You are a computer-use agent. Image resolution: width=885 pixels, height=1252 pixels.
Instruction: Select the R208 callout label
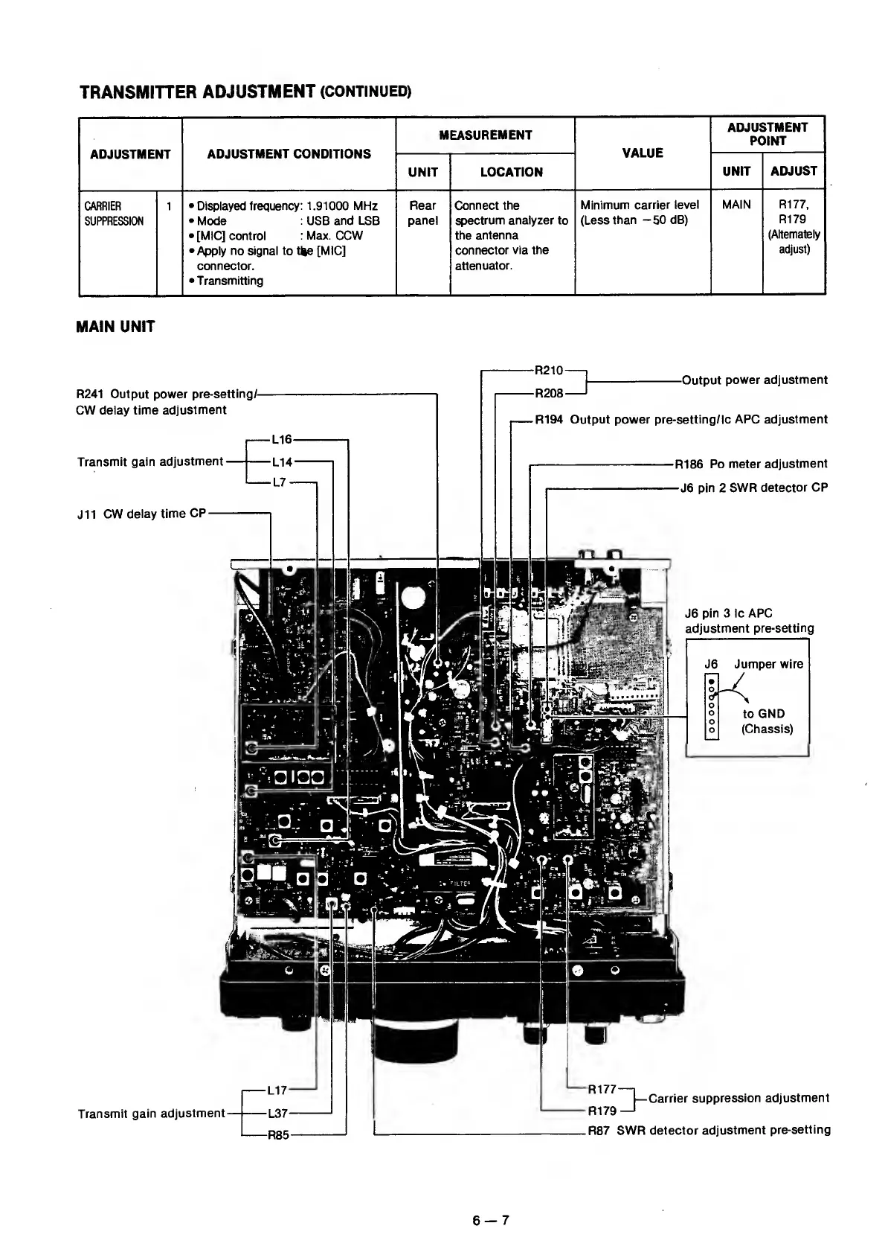pyautogui.click(x=550, y=392)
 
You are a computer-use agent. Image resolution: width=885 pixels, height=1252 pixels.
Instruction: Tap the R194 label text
pyautogui.click(x=549, y=419)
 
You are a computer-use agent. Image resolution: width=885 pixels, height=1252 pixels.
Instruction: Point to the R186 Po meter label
pyautogui.click(x=689, y=464)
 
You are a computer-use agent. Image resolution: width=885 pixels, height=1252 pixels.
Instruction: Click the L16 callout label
pyautogui.click(x=281, y=440)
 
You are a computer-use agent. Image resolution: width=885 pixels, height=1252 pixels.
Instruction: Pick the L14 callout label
pyautogui.click(x=282, y=461)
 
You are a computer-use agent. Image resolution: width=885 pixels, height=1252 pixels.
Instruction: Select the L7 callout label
pyautogui.click(x=280, y=482)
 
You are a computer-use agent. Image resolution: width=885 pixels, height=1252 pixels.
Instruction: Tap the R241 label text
pyautogui.click(x=92, y=395)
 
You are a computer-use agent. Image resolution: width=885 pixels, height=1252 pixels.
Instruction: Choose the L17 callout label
pyautogui.click(x=277, y=1090)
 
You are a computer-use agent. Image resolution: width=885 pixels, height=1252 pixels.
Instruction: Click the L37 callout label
pyautogui.click(x=277, y=1114)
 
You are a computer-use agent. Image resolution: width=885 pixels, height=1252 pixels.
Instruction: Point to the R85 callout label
pyautogui.click(x=278, y=1136)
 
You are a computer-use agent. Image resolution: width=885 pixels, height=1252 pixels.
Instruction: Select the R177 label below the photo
pyautogui.click(x=602, y=1090)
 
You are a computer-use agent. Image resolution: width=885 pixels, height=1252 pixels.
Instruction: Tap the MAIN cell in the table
pyautogui.click(x=736, y=205)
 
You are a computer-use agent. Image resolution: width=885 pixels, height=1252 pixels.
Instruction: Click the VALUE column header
pyautogui.click(x=642, y=153)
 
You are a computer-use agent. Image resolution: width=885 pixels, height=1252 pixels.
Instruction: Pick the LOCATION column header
pyautogui.click(x=511, y=172)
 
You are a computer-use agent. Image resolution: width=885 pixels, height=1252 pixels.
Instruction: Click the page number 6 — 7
pyautogui.click(x=490, y=1220)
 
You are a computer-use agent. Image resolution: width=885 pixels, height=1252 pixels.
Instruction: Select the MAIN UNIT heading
pyautogui.click(x=115, y=327)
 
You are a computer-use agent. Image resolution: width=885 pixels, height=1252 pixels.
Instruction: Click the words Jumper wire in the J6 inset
pyautogui.click(x=768, y=664)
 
